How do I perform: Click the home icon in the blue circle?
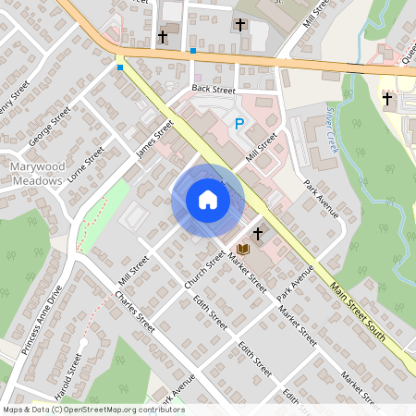coord(207,200)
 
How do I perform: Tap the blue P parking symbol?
coord(239,124)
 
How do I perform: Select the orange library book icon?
coord(242,250)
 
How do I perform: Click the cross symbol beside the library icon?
coord(258,235)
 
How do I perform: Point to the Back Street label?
coord(214,88)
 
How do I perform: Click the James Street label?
coord(154,140)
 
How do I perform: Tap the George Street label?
coord(49,127)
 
